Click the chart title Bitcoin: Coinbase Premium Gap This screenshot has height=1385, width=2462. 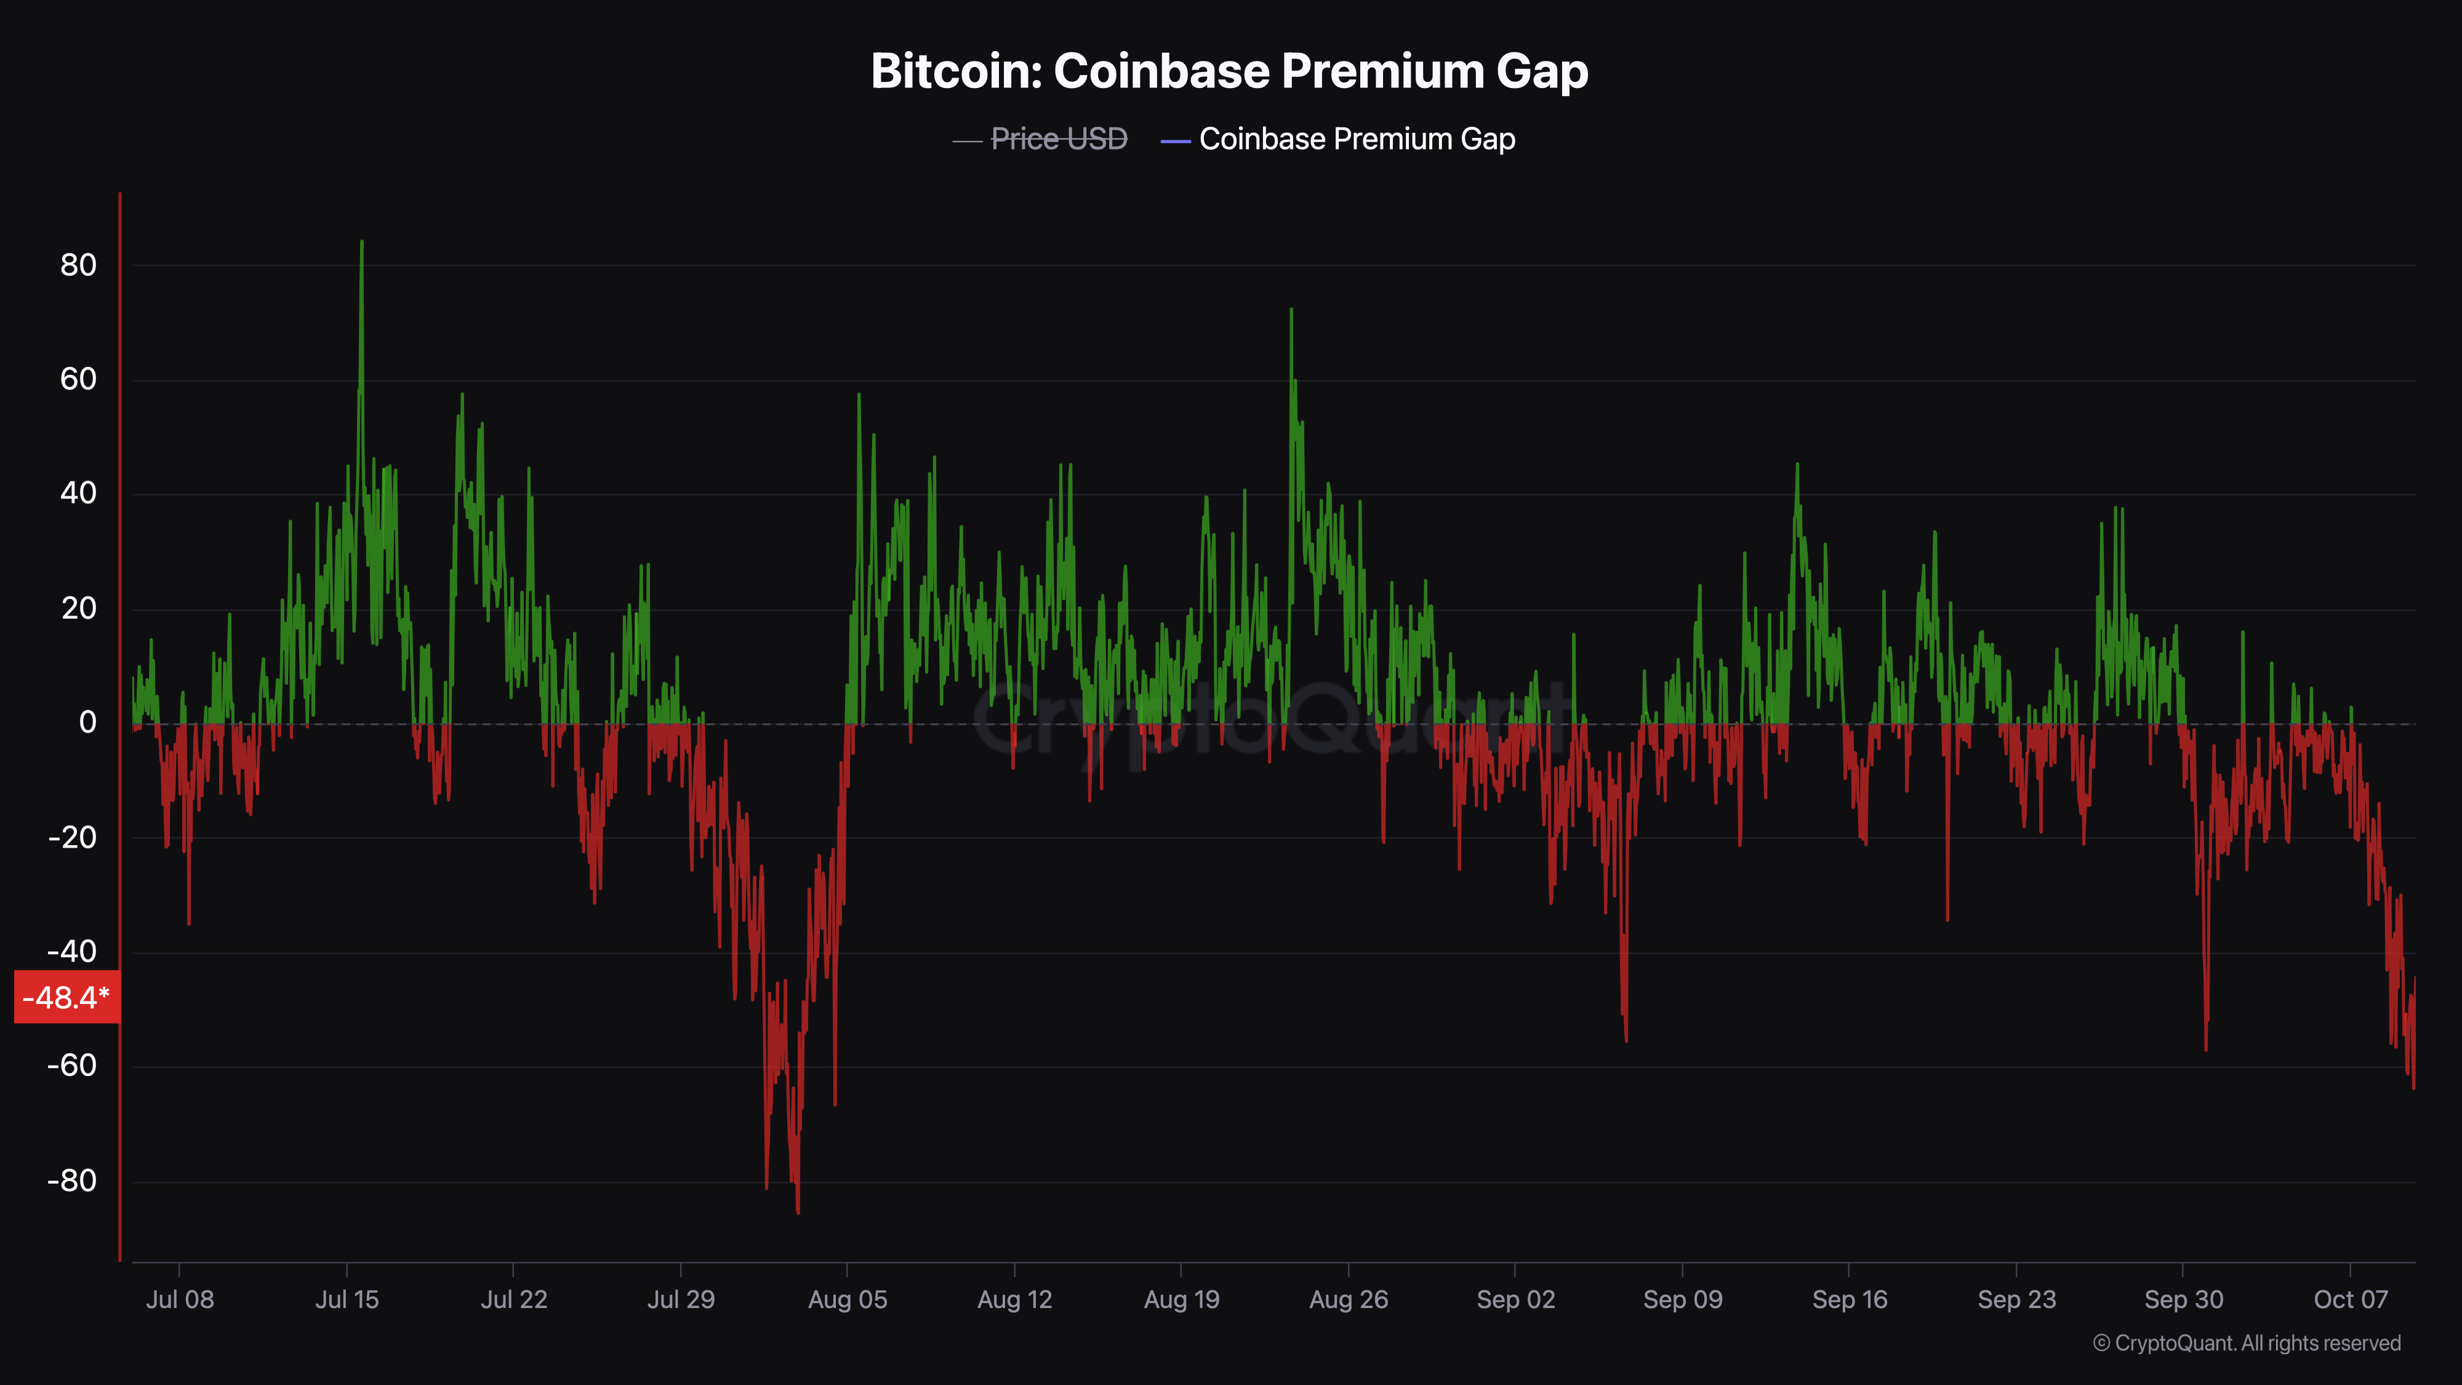(1229, 71)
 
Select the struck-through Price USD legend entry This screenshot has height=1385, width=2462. (1058, 140)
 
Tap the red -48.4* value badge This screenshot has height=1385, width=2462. (66, 997)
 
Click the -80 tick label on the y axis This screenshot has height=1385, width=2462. (73, 1181)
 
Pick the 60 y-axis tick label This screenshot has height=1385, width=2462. (78, 379)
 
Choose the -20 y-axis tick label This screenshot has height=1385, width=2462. (73, 837)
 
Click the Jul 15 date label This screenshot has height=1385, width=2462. (347, 1299)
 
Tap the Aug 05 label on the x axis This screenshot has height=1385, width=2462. (848, 1299)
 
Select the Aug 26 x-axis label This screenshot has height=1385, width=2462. (1349, 1299)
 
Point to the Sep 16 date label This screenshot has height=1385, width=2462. (1850, 1299)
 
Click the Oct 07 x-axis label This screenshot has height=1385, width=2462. (2350, 1299)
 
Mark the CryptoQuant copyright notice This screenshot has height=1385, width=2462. (2246, 1343)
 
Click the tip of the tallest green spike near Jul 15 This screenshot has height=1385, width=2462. (361, 242)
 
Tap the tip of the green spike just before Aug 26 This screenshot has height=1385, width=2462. (1291, 310)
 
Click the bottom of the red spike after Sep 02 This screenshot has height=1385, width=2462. (1626, 1040)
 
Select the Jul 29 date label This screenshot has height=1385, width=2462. (681, 1299)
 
